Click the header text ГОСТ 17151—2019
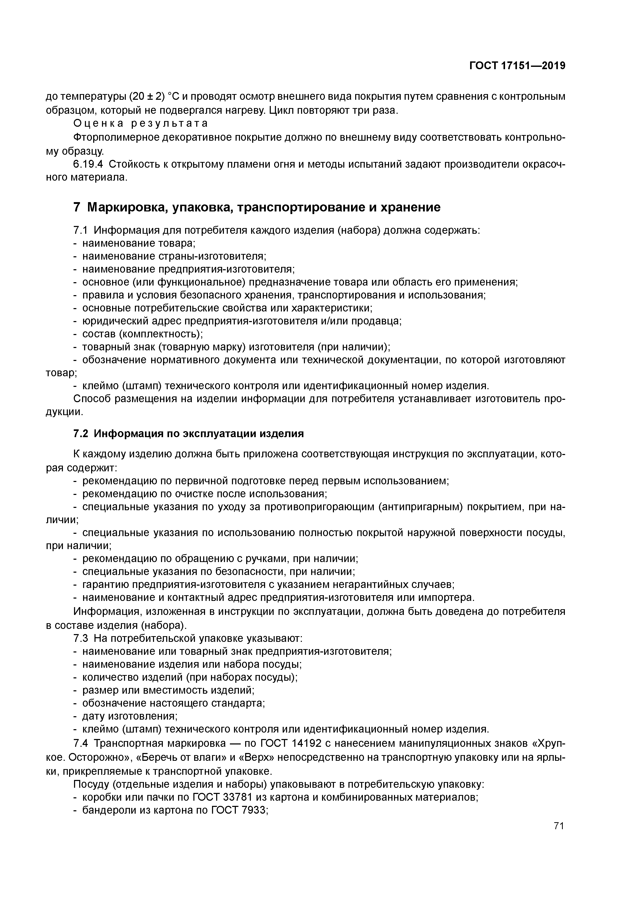[517, 66]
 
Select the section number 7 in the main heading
[77, 208]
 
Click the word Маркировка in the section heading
[121, 208]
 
